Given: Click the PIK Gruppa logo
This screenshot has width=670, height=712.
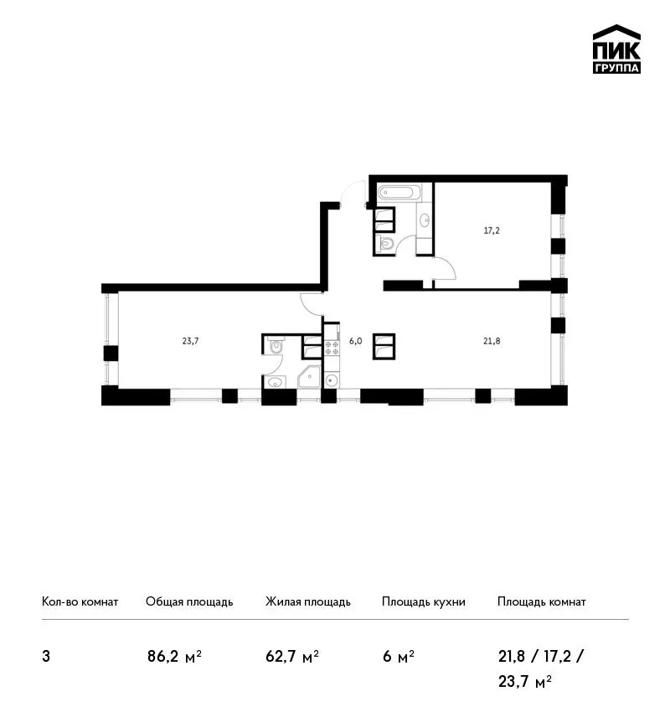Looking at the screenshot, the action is [x=616, y=49].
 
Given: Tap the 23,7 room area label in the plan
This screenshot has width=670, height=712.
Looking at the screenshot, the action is [x=191, y=341].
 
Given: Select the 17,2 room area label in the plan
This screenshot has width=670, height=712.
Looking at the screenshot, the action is [x=492, y=230].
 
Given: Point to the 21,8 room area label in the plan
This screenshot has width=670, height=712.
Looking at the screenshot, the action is [x=492, y=341].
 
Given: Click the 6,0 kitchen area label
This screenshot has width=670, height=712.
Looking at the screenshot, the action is [x=355, y=341].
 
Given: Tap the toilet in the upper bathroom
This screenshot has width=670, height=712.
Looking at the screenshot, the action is [x=386, y=244].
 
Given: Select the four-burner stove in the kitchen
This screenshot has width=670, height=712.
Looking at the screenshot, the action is [x=332, y=348].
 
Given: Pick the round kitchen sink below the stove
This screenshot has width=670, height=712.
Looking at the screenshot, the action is [x=332, y=379].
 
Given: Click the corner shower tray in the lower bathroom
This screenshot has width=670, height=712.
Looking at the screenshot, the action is [x=309, y=377].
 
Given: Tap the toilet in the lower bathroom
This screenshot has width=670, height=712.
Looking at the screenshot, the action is [x=276, y=345].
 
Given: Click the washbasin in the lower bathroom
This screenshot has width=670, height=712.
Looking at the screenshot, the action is [x=275, y=382].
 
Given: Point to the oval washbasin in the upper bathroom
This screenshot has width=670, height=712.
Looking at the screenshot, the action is [x=425, y=220].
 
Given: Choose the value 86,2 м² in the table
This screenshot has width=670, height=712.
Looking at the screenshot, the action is [x=174, y=657].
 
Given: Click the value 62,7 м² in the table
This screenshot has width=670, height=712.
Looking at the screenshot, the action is [x=292, y=657].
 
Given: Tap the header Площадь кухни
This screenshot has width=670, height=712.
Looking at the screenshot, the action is [x=424, y=602].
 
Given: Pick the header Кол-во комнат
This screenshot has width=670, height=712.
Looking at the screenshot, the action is [x=80, y=601].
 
